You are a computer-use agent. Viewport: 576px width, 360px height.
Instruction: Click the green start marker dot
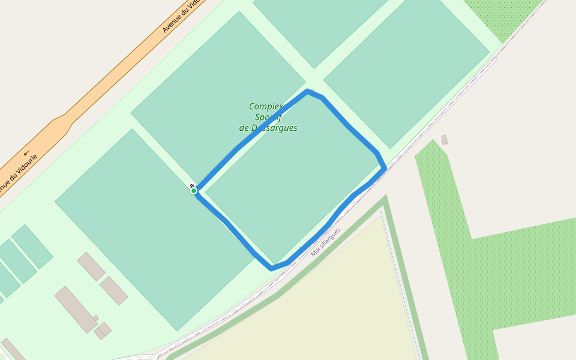pos(194,191)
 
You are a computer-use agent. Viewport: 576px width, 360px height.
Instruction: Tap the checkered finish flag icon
pos(191,186)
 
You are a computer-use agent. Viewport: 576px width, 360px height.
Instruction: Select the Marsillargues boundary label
pos(326,242)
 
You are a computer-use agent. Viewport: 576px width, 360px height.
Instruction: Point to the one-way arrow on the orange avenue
pos(26,152)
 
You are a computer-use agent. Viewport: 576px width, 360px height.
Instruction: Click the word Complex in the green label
pos(266,106)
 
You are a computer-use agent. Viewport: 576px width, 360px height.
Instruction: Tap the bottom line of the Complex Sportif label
pos(268,128)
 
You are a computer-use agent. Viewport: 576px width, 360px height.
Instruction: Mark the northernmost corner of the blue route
pos(307,91)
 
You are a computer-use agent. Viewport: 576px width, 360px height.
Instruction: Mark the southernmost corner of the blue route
pos(272,268)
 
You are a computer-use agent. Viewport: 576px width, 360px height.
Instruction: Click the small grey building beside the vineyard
pos(445,140)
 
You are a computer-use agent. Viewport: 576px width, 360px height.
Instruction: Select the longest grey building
pos(76,309)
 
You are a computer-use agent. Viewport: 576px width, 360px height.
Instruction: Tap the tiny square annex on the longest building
pos(96,318)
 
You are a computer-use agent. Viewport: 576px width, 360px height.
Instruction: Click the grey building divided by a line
pos(103,330)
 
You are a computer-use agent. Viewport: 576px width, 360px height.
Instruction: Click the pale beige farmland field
pos(312,312)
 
